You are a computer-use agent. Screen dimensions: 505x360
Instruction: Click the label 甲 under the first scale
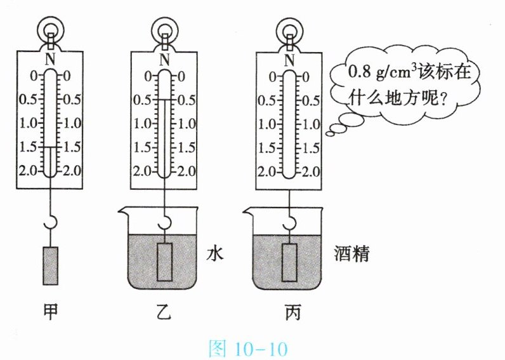pos(51,311)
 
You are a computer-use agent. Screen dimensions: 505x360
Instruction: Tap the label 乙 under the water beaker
pos(164,311)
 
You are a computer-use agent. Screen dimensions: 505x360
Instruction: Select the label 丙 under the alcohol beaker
pos(292,312)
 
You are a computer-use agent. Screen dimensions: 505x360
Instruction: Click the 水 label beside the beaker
pos(214,253)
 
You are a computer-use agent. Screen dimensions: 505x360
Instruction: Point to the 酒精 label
pos(351,253)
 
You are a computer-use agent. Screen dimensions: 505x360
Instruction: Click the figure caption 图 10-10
pos(248,348)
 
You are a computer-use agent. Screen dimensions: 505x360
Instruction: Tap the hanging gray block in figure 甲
pos(51,266)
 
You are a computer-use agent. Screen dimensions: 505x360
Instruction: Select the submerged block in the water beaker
pos(164,262)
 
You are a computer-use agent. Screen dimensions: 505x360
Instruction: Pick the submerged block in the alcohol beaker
pos(289,262)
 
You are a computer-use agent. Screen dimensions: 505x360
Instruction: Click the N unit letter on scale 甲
pos(50,59)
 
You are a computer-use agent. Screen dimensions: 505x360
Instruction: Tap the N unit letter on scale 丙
pos(289,60)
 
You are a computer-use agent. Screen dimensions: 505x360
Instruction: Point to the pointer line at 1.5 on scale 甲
pos(51,147)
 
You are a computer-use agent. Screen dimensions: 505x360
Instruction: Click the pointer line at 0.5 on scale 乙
pos(164,100)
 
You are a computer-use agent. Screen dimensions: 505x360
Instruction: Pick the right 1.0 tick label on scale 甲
pos(72,123)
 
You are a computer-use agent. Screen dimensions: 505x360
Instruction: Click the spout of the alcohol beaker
pos(248,211)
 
